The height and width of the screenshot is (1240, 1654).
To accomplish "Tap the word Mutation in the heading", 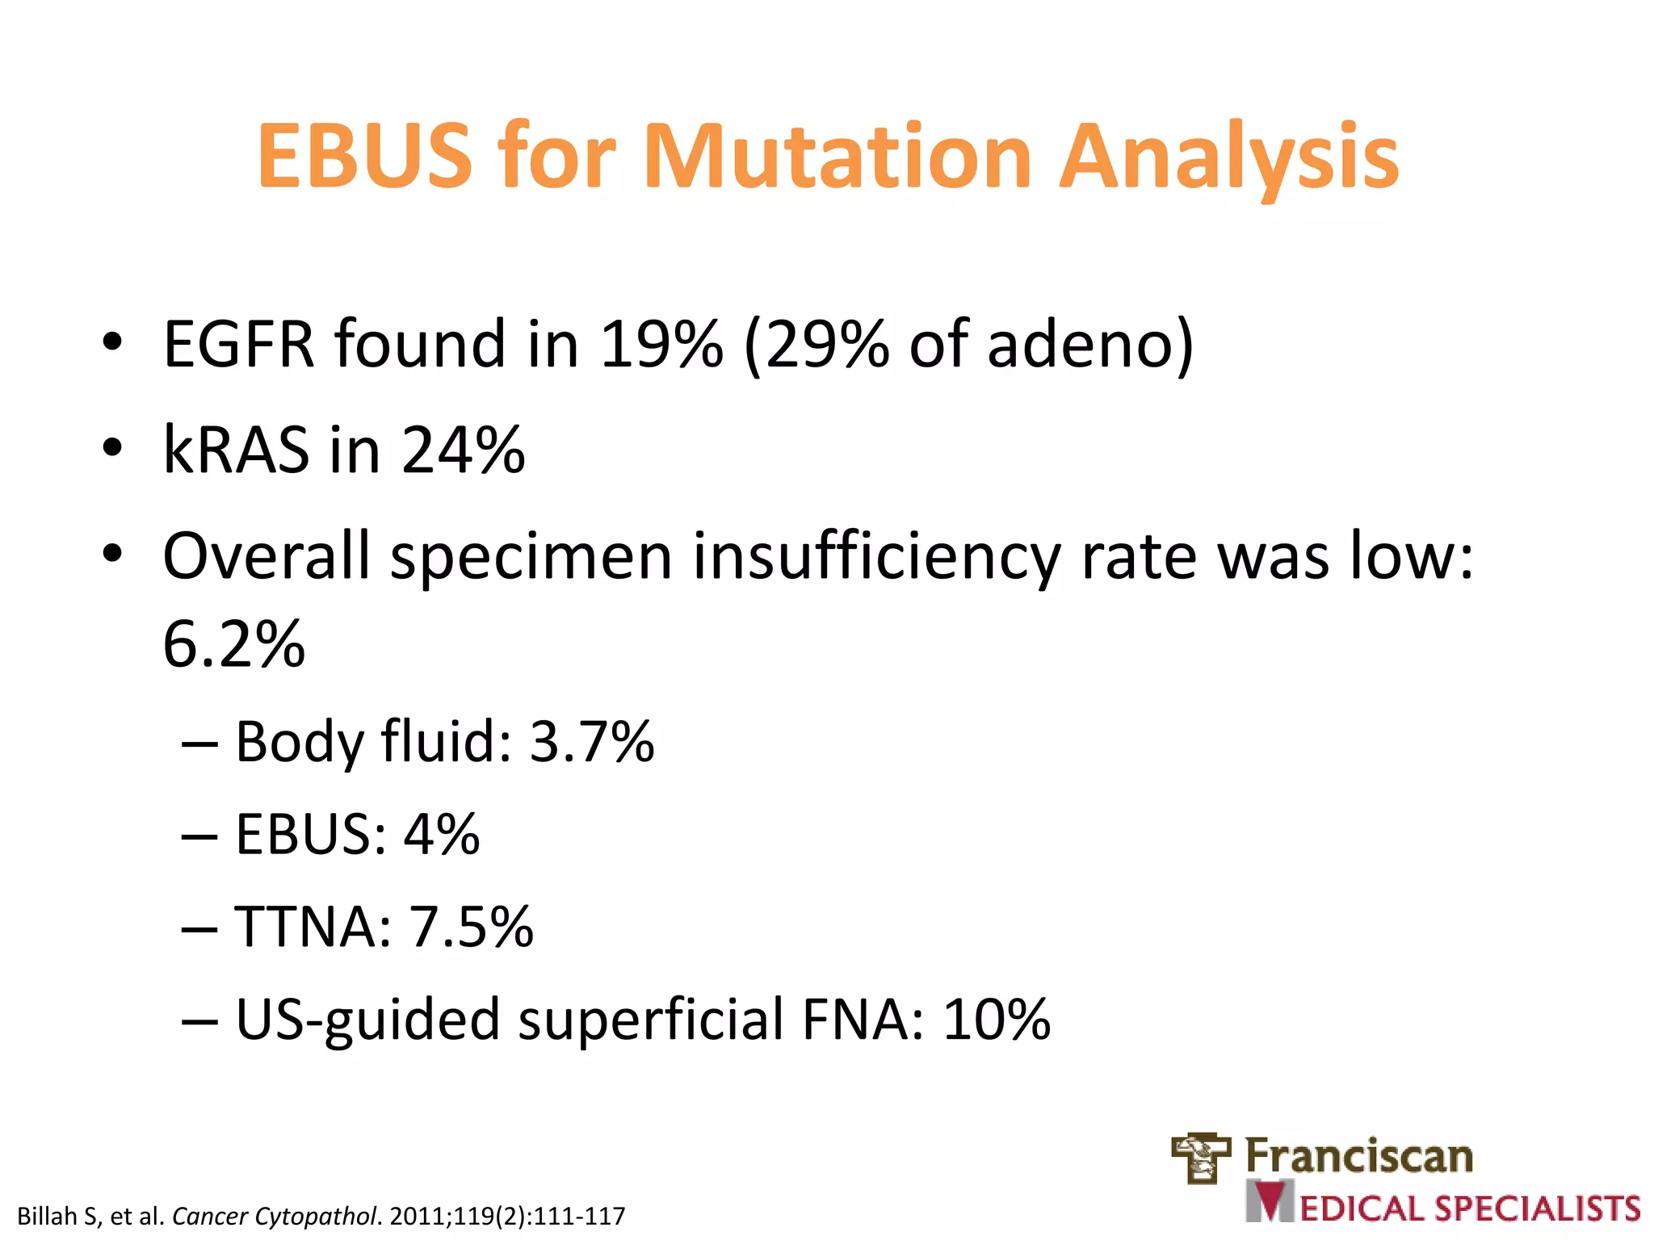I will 837,156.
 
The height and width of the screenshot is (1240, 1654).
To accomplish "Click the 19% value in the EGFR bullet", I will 661,345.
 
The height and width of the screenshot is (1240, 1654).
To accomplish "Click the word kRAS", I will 236,450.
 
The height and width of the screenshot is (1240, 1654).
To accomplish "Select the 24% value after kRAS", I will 463,450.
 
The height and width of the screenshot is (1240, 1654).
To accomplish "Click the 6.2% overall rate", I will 234,644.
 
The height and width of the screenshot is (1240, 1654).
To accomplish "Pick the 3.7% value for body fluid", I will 591,741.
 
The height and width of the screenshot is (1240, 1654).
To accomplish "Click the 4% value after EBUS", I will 442,834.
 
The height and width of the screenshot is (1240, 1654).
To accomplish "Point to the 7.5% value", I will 472,927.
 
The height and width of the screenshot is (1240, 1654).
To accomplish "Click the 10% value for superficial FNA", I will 997,1019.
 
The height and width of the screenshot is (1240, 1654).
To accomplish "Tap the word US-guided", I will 367,1020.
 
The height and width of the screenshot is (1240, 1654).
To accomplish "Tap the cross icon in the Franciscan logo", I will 1201,1157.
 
